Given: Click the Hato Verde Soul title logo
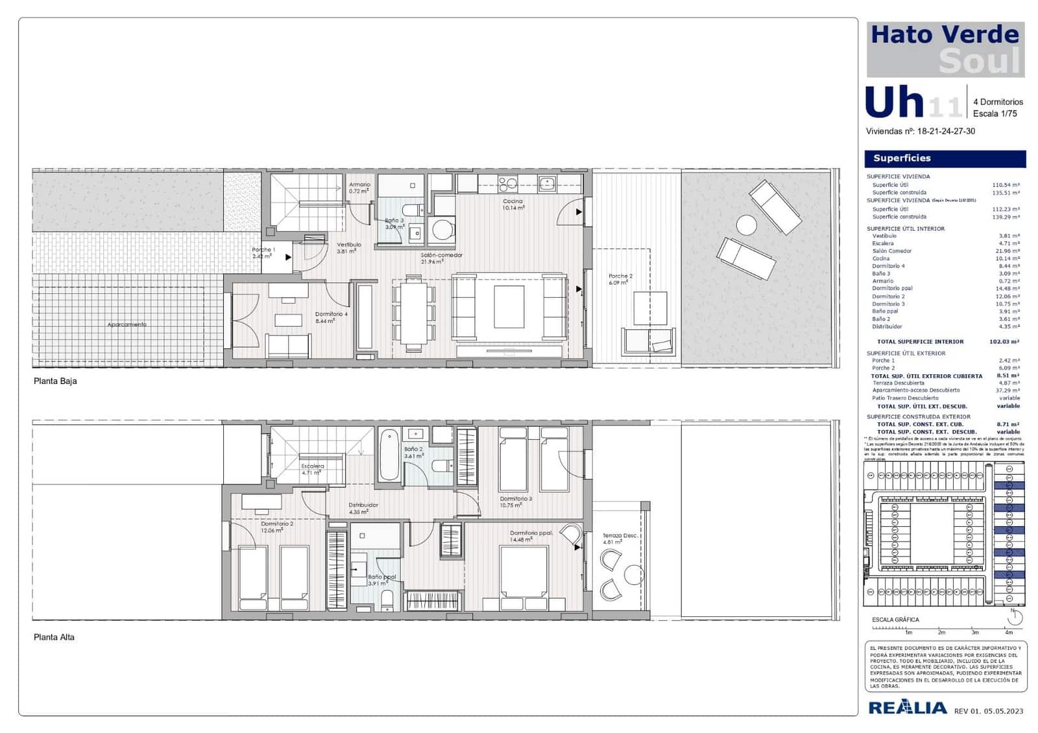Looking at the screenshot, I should (945, 49).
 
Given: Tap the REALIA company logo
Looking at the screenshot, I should (907, 708).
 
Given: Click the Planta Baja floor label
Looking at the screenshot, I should (55, 381).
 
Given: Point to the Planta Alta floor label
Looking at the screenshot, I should (54, 638).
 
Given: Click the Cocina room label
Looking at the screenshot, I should (513, 202).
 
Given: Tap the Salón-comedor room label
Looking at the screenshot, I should (442, 256).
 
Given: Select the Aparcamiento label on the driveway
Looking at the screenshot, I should (127, 324).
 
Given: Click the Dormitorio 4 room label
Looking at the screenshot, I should (331, 315).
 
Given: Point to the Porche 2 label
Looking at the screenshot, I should (620, 276).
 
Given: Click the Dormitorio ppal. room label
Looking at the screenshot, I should (531, 533).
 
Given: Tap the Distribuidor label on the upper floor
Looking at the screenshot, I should (363, 505).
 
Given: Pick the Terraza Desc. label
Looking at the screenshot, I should (620, 536).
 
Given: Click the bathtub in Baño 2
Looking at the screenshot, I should (389, 454).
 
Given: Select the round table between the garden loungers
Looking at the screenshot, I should (747, 226).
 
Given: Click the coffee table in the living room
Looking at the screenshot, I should (509, 307).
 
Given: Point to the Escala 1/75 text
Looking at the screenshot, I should (995, 114).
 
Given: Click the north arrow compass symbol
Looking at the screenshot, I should (1015, 617).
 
